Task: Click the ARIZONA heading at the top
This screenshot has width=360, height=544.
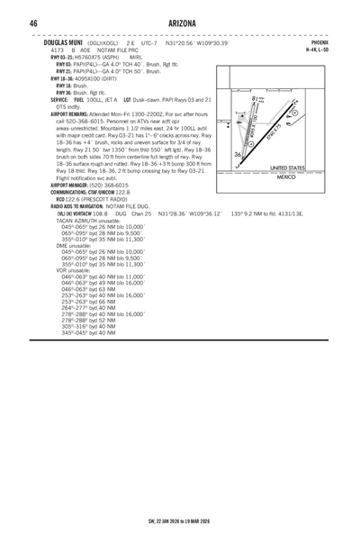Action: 180,22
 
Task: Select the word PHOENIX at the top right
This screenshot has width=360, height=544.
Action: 319,42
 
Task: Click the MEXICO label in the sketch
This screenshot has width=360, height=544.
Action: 287,177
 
